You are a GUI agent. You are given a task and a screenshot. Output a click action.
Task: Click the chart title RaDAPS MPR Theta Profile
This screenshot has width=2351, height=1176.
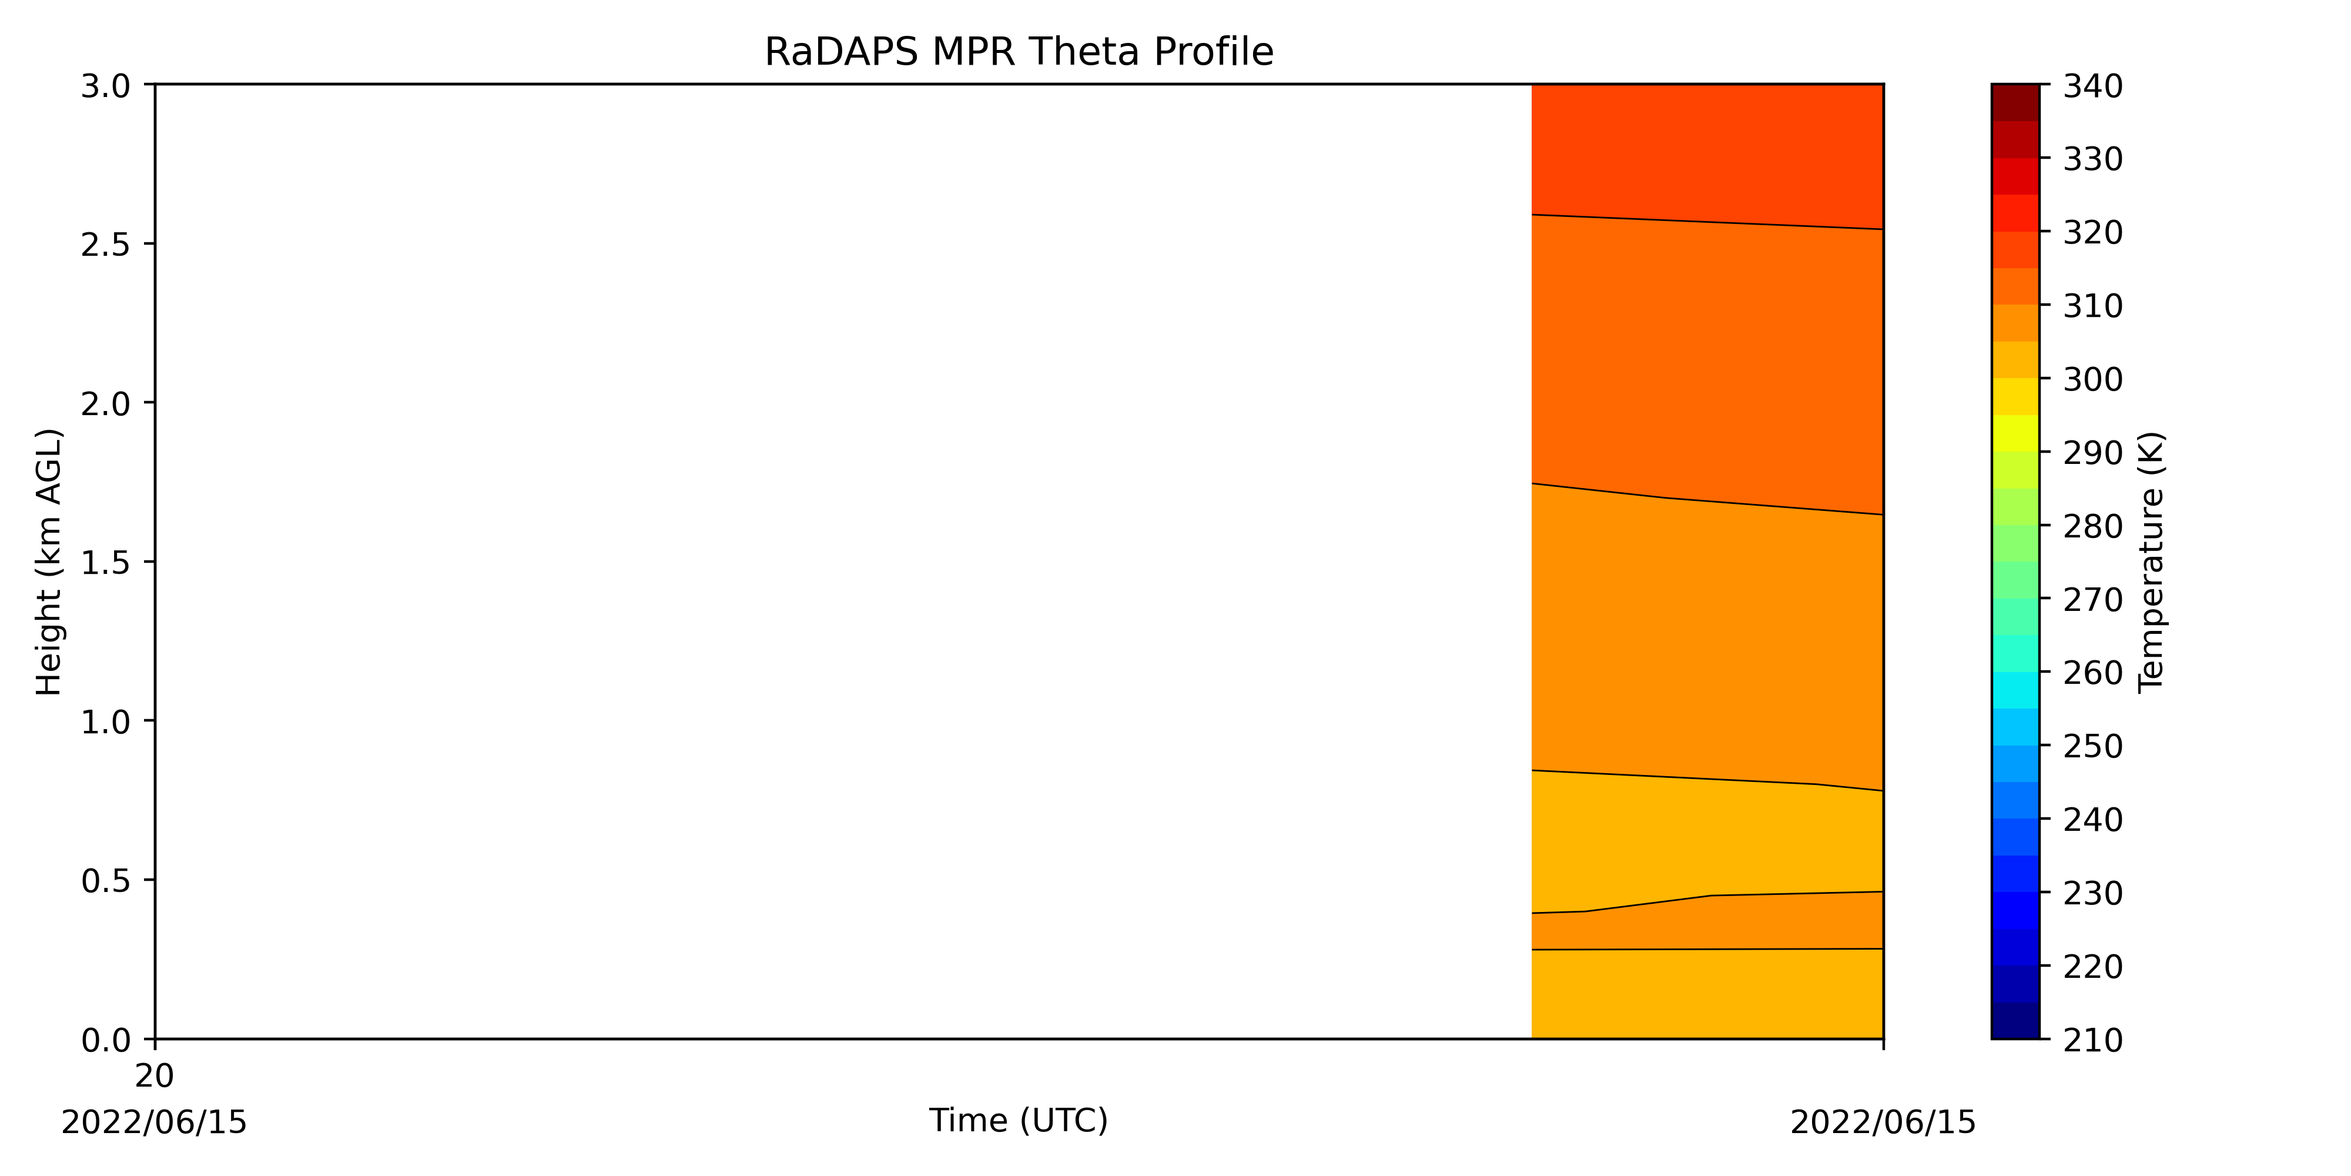[1019, 52]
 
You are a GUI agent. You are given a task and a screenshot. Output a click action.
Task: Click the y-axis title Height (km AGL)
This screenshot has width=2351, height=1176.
[49, 562]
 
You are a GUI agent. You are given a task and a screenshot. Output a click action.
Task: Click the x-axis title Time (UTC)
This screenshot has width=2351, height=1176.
[1019, 1120]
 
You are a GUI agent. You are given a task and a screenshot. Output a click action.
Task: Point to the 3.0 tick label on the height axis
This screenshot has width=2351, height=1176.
[106, 86]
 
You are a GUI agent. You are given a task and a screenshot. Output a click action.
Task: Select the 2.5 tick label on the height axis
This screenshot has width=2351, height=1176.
[106, 245]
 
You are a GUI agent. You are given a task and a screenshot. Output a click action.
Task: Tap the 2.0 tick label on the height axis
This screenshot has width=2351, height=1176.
[106, 403]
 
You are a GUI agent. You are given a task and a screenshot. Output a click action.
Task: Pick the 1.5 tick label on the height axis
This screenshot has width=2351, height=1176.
[106, 563]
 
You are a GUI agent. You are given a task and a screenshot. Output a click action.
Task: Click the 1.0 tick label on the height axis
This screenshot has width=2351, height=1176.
[106, 721]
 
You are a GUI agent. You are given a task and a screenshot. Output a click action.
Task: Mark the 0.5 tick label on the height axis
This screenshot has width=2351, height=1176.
[106, 880]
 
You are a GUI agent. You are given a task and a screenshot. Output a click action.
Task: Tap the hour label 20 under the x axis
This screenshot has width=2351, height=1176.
[154, 1077]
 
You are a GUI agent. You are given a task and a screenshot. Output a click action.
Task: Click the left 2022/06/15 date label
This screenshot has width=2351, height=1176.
[154, 1122]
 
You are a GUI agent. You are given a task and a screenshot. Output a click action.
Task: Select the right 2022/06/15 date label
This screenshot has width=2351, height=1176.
[1883, 1122]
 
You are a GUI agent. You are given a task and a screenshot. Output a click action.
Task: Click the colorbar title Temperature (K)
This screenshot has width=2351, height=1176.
[2151, 562]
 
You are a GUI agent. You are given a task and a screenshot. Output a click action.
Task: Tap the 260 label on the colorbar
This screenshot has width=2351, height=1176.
[2093, 673]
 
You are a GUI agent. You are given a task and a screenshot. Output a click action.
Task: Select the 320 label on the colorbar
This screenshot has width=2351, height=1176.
[2093, 233]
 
